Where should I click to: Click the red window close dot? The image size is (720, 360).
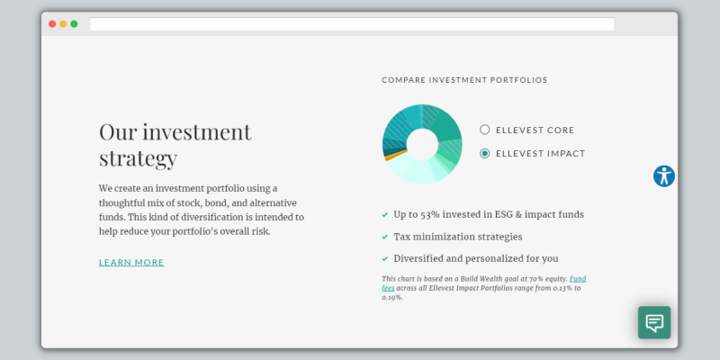pyautogui.click(x=52, y=24)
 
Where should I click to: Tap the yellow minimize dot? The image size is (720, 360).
pyautogui.click(x=63, y=24)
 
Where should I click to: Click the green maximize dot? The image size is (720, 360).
pyautogui.click(x=74, y=24)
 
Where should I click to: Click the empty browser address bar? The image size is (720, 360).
pyautogui.click(x=352, y=24)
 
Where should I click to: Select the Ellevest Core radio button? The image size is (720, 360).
pyautogui.click(x=484, y=130)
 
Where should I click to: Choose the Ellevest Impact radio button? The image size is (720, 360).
pyautogui.click(x=484, y=153)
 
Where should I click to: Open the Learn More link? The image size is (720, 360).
pyautogui.click(x=131, y=262)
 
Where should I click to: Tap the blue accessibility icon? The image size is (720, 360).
pyautogui.click(x=664, y=175)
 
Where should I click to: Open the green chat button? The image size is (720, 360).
pyautogui.click(x=654, y=322)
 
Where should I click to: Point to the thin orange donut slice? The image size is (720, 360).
pyautogui.click(x=396, y=155)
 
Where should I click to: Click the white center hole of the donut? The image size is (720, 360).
pyautogui.click(x=422, y=144)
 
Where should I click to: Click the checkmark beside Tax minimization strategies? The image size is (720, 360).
pyautogui.click(x=385, y=237)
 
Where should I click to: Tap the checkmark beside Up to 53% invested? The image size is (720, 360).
pyautogui.click(x=385, y=214)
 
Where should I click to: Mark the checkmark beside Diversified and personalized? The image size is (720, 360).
pyautogui.click(x=385, y=259)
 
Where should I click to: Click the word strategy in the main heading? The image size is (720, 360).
pyautogui.click(x=139, y=158)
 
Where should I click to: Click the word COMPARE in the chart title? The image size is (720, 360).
pyautogui.click(x=403, y=80)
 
